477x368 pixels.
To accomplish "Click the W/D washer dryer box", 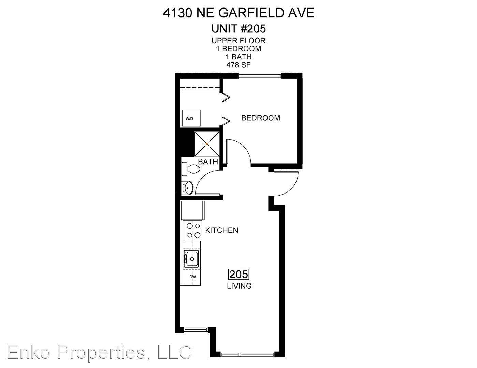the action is [191, 118].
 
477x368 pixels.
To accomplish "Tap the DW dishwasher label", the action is [192, 277].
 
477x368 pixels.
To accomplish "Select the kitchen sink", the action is [191, 259].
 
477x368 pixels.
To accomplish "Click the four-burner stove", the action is [192, 231].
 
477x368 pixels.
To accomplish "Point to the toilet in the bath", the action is [190, 169].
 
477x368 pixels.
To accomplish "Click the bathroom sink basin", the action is [188, 188].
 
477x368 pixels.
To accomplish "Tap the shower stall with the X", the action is [207, 144].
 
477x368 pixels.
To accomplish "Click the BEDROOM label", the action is [261, 118].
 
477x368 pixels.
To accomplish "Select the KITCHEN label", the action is [221, 230].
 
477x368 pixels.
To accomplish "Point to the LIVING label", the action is [239, 286].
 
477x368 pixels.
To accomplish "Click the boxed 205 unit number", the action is [239, 274].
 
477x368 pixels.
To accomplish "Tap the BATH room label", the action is [208, 162].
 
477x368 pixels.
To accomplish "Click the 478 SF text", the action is [238, 65].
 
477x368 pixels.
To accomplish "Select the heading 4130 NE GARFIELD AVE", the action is [238, 13].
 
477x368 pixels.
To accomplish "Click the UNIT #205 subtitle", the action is [238, 29].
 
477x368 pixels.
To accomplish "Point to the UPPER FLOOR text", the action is [238, 41].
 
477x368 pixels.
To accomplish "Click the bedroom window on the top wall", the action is [260, 76].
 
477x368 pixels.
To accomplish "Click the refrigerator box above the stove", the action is [192, 211].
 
